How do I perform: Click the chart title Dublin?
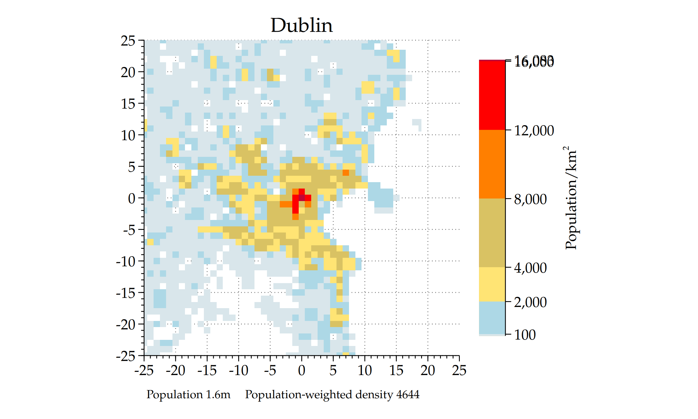tap(302, 25)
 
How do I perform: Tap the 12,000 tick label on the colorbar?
tap(534, 130)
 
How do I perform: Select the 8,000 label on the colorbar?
tap(530, 199)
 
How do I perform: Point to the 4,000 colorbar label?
tap(530, 268)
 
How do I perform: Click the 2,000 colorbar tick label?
tap(530, 302)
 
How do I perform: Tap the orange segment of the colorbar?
tap(492, 164)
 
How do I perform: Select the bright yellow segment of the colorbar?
tap(492, 284)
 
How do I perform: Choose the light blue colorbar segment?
tap(492, 318)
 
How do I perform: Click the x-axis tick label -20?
tap(175, 371)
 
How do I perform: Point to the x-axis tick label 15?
tap(396, 371)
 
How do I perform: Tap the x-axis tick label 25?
tap(459, 371)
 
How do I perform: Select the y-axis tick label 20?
tap(128, 72)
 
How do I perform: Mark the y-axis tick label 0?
tap(132, 199)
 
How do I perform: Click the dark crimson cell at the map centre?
tap(302, 198)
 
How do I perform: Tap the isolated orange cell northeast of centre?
tap(346, 173)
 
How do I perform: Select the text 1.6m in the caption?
tap(218, 395)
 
